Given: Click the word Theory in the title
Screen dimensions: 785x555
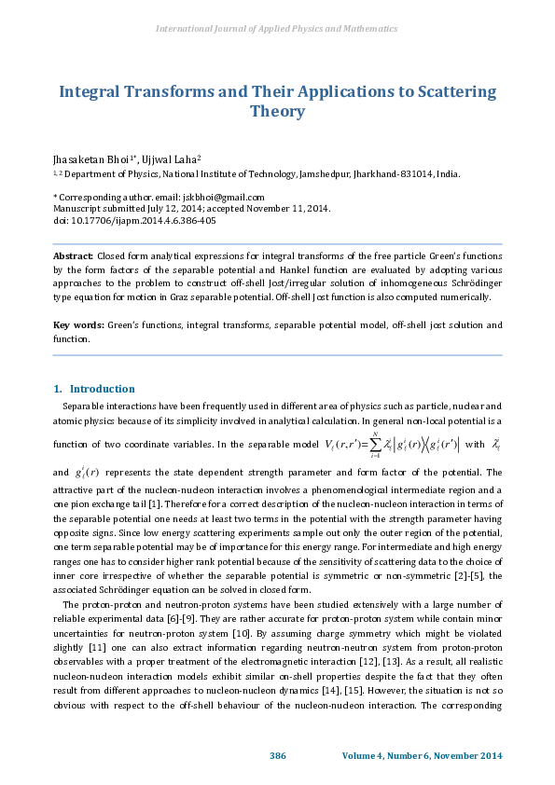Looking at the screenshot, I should [277, 112].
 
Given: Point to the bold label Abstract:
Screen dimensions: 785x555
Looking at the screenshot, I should [73, 254].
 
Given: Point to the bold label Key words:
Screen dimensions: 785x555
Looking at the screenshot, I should [77, 325].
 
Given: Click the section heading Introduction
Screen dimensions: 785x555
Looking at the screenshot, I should [102, 389].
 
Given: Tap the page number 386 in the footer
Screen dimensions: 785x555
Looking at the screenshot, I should [277, 754].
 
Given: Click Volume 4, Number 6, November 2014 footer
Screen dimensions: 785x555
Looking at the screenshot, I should [422, 754].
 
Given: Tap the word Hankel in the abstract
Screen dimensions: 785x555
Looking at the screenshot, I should [293, 269].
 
